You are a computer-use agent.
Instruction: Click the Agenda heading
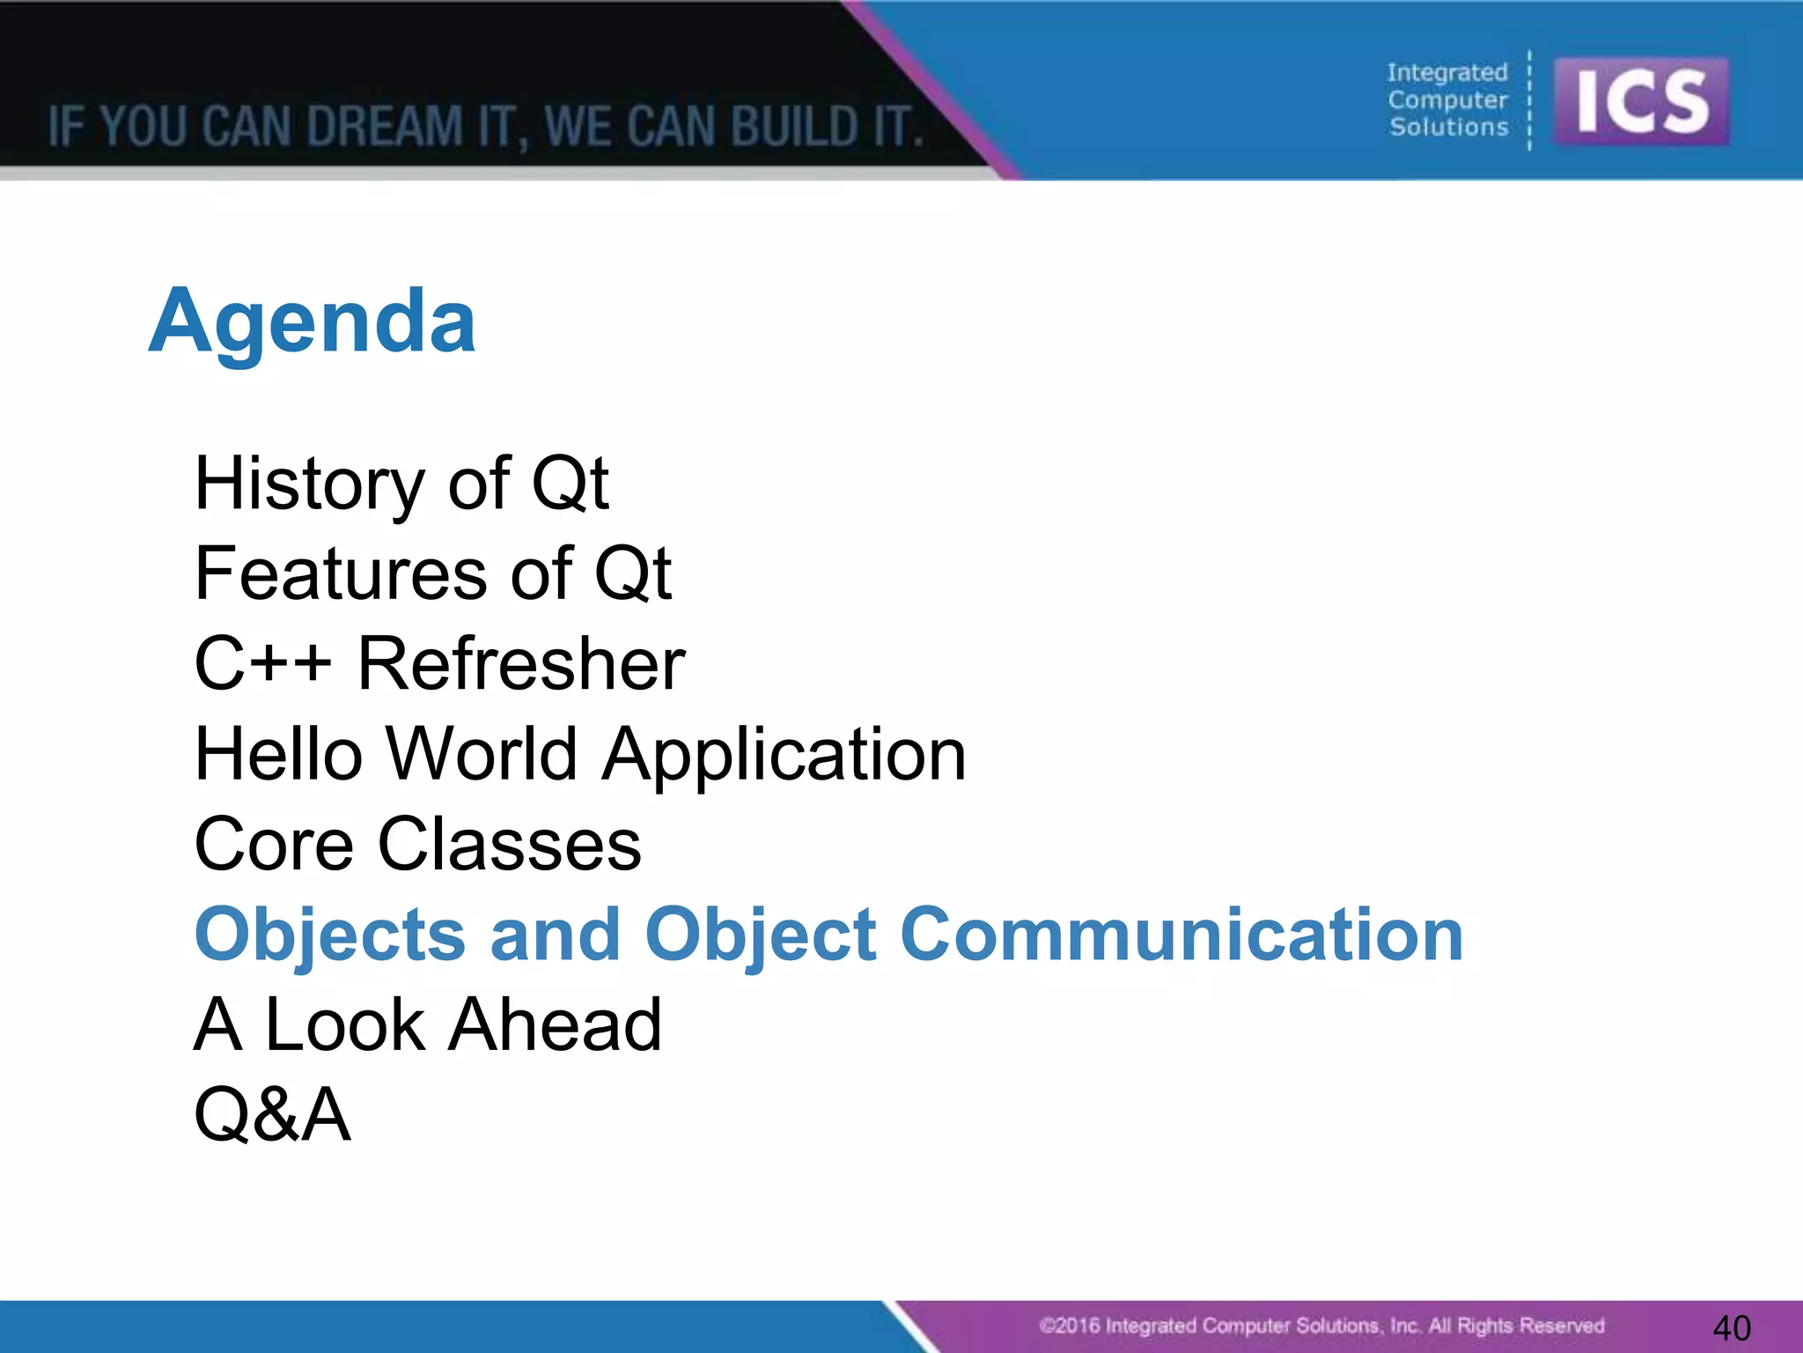[313, 322]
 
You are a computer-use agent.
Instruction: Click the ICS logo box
[1641, 101]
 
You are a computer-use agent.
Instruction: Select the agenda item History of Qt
[401, 484]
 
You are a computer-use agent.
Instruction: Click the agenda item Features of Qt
[432, 574]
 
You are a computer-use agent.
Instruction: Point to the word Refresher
[521, 664]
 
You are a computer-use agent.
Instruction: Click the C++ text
[262, 664]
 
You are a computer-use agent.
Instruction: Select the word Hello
[278, 755]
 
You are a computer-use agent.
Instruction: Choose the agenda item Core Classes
[417, 845]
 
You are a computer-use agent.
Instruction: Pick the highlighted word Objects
[329, 936]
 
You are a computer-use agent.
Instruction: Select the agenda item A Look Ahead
[427, 1025]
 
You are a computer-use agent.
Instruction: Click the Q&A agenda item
[272, 1115]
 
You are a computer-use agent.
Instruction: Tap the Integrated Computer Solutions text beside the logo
[1447, 100]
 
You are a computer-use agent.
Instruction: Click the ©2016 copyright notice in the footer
[1321, 1326]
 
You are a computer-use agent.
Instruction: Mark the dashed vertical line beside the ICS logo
[1530, 100]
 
